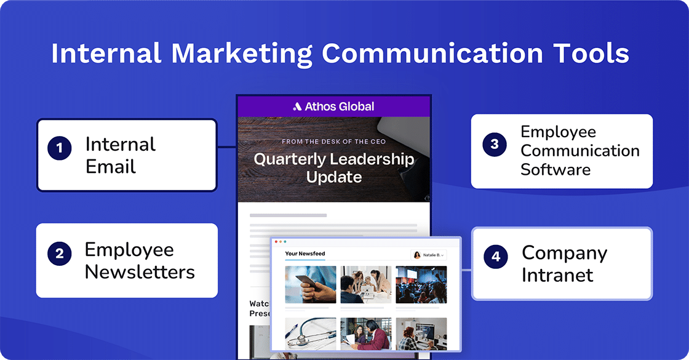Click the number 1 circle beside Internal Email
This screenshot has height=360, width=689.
pos(59,148)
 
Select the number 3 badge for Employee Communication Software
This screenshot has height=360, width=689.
pos(495,144)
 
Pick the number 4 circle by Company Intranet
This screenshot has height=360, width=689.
pos(496,257)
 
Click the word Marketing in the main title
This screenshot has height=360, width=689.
pos(242,54)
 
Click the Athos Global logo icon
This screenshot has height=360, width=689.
pos(297,106)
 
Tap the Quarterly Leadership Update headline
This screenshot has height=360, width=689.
pos(334,168)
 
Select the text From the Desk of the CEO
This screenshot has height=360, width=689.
pos(334,142)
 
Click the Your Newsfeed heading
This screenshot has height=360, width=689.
pos(305,254)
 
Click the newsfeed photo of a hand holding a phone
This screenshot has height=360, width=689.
pos(311,284)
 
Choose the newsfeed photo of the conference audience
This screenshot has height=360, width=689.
pos(421,284)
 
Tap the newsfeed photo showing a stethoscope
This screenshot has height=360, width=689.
pos(311,334)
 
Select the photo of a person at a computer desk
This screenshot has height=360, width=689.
pos(421,334)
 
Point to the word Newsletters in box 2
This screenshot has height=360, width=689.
pos(140,271)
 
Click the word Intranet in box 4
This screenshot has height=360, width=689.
pos(557,274)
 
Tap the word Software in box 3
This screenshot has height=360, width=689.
pos(556,169)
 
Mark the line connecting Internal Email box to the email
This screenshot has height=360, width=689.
pos(226,147)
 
